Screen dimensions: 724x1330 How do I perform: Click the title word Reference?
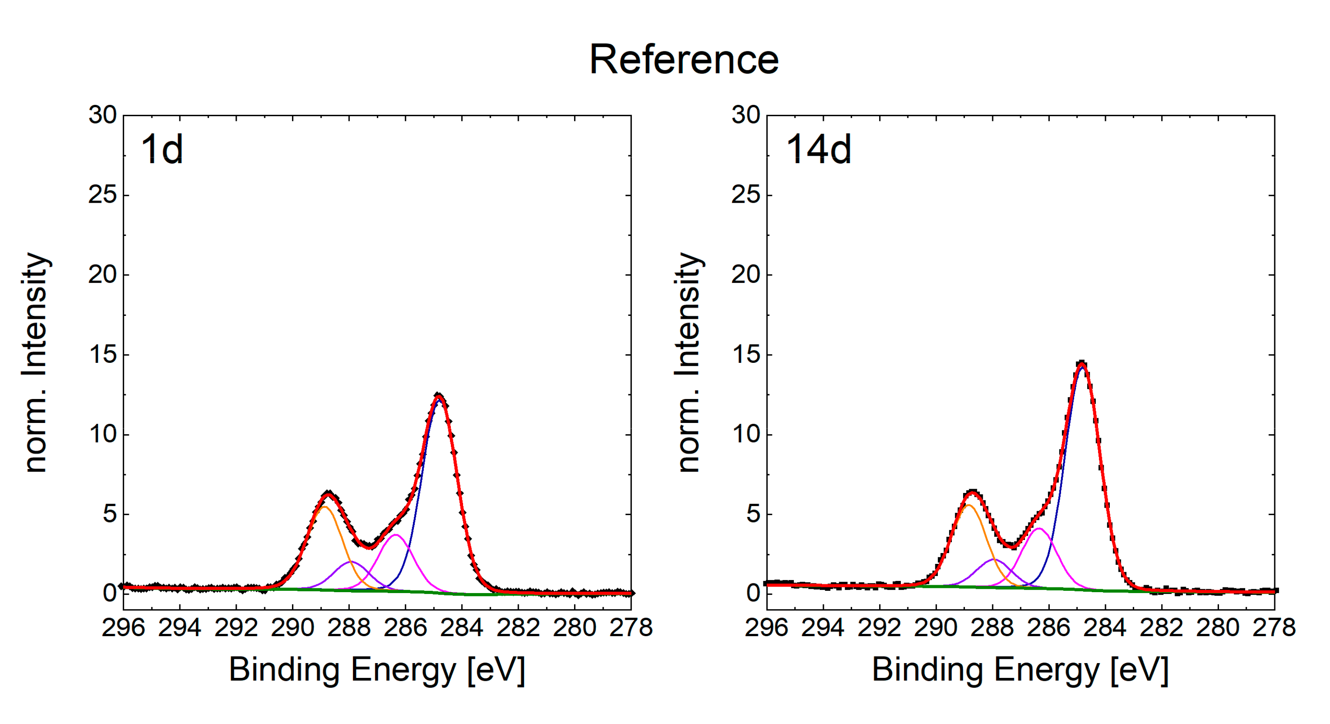[x=684, y=60]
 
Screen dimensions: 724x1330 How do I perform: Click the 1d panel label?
[x=161, y=150]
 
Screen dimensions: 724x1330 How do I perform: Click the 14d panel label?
[x=818, y=150]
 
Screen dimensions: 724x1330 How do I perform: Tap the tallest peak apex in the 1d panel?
[x=439, y=396]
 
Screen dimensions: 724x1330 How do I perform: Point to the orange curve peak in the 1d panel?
[x=324, y=507]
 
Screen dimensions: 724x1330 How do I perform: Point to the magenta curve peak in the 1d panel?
[x=396, y=535]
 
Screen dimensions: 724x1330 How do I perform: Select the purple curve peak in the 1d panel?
[x=351, y=561]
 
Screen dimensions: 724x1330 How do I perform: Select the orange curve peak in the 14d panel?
[x=969, y=505]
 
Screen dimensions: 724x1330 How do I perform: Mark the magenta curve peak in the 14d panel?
[x=1038, y=528]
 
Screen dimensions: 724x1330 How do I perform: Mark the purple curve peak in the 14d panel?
[x=994, y=560]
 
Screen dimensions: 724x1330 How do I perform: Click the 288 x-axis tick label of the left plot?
[x=349, y=628]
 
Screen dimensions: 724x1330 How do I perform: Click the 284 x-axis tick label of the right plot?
[x=1105, y=628]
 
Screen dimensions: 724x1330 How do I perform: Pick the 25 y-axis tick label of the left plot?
[x=102, y=195]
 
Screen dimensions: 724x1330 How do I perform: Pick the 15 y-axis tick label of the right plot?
[x=746, y=355]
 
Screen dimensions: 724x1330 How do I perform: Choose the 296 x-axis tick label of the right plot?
[x=766, y=628]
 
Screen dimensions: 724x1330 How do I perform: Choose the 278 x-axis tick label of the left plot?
[x=631, y=628]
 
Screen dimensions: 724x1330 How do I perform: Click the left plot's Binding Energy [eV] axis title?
[x=377, y=670]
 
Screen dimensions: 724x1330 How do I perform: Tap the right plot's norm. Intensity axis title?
[x=688, y=362]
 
